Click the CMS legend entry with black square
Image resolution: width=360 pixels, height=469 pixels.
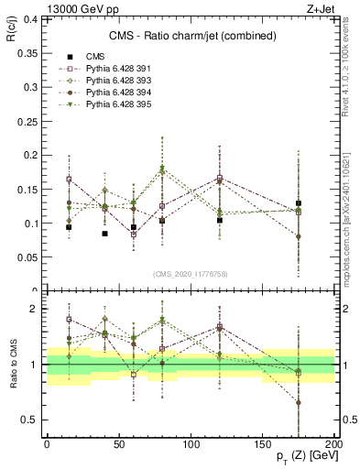(x=96, y=56)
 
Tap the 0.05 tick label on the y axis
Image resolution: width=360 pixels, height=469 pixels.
(x=27, y=257)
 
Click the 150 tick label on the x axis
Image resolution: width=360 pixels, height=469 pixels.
(x=262, y=443)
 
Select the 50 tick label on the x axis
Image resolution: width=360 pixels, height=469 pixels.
(x=118, y=443)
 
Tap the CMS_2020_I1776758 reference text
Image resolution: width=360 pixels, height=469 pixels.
(x=190, y=273)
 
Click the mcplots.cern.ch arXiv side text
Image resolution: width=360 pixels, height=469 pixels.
(x=351, y=220)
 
